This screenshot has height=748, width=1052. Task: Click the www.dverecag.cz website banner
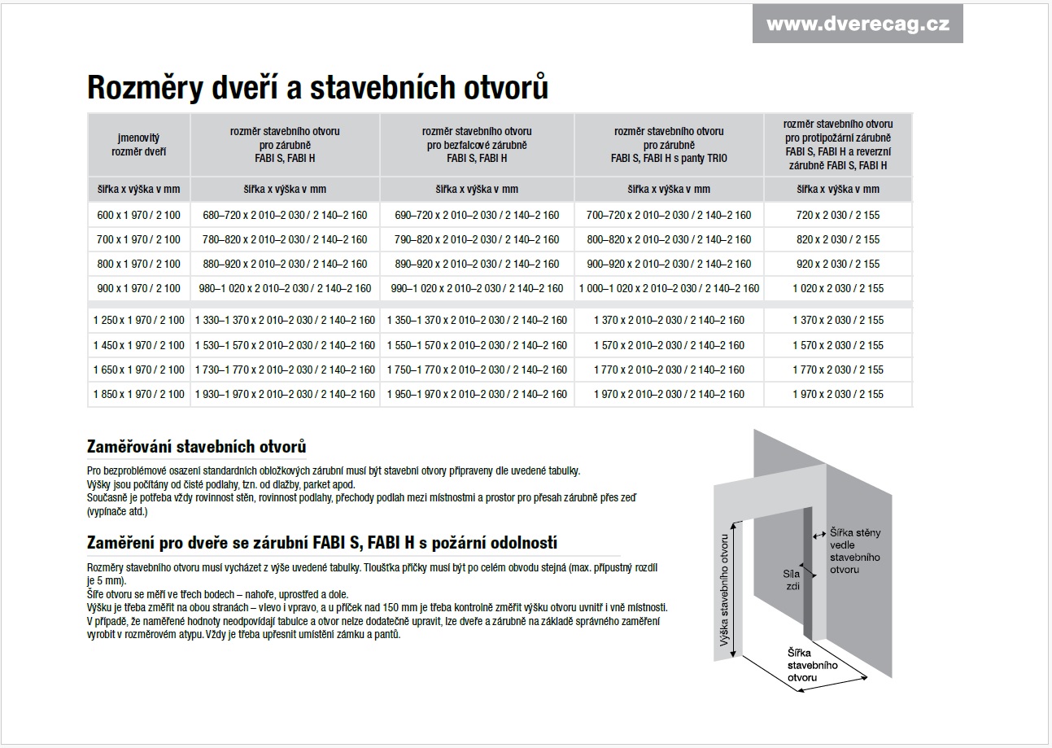pos(858,24)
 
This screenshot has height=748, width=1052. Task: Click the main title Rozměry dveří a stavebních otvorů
pos(317,88)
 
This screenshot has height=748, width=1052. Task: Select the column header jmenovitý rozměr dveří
pos(138,144)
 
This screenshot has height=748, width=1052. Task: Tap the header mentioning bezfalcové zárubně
pos(477,144)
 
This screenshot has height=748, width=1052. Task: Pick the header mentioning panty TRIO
pos(669,144)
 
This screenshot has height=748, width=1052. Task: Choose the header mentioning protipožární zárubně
pos(838,144)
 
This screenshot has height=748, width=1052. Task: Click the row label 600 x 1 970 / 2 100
pos(138,216)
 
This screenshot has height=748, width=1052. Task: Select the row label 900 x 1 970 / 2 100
pos(138,288)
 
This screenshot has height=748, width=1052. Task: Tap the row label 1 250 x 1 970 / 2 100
pos(139,321)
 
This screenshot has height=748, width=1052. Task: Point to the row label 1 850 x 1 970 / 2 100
pos(139,394)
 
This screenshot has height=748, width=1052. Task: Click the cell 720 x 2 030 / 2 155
pos(838,216)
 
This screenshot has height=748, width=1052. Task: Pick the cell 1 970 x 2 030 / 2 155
pos(838,394)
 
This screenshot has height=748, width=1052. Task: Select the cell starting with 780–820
pos(285,240)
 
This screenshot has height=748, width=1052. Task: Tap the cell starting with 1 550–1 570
pos(477,345)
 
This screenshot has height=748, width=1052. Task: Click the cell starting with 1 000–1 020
pos(669,288)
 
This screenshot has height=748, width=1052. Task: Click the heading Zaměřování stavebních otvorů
pos(196,447)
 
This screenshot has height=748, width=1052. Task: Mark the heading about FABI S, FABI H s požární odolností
pos(321,543)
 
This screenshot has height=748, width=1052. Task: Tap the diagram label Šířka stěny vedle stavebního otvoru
pos(854,551)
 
